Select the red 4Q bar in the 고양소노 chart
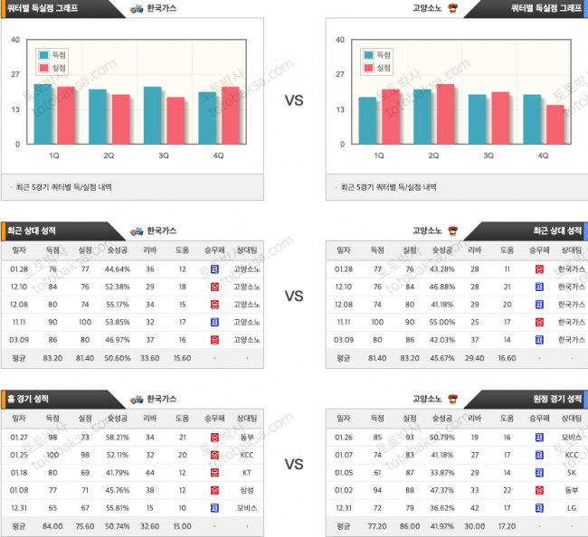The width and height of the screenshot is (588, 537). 554,124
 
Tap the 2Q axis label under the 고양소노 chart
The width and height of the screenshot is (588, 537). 433,155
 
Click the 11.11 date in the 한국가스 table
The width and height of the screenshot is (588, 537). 18,321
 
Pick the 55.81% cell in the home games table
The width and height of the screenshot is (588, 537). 118,507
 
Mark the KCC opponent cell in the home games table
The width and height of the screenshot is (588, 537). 245,454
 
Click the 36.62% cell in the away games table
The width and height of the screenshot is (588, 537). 441,507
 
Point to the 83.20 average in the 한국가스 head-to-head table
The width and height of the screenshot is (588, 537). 52,358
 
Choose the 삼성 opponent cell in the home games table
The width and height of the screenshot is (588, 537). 245,489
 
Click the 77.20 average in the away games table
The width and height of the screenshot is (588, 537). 377,525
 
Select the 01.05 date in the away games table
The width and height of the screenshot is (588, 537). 344,472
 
